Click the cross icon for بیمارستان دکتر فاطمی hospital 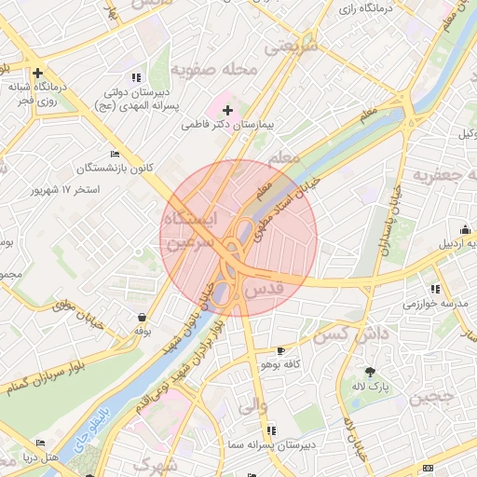[x=227, y=111]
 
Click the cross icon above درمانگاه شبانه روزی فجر [x=37, y=73]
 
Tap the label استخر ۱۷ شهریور [x=66, y=189]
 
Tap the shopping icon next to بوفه [x=141, y=317]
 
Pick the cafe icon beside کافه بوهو [x=281, y=351]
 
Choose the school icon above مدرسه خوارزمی [x=435, y=289]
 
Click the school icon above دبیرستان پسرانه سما [x=271, y=430]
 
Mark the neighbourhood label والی [x=253, y=407]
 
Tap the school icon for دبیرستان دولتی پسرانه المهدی [x=137, y=77]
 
